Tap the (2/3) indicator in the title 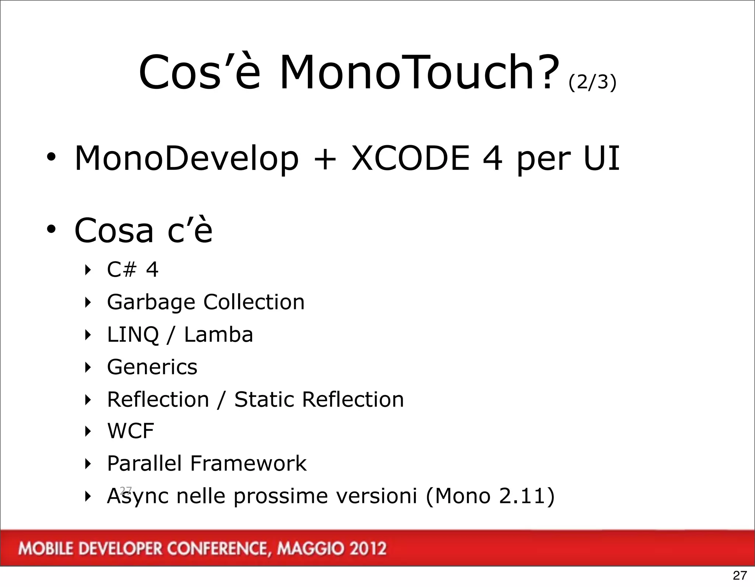592,82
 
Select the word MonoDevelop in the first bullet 186,158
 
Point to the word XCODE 410,158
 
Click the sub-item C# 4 132,269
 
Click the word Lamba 218,335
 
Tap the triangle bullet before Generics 88,367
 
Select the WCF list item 130,431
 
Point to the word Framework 248,463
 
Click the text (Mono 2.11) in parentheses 490,496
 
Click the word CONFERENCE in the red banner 217,549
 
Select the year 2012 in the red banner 368,549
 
